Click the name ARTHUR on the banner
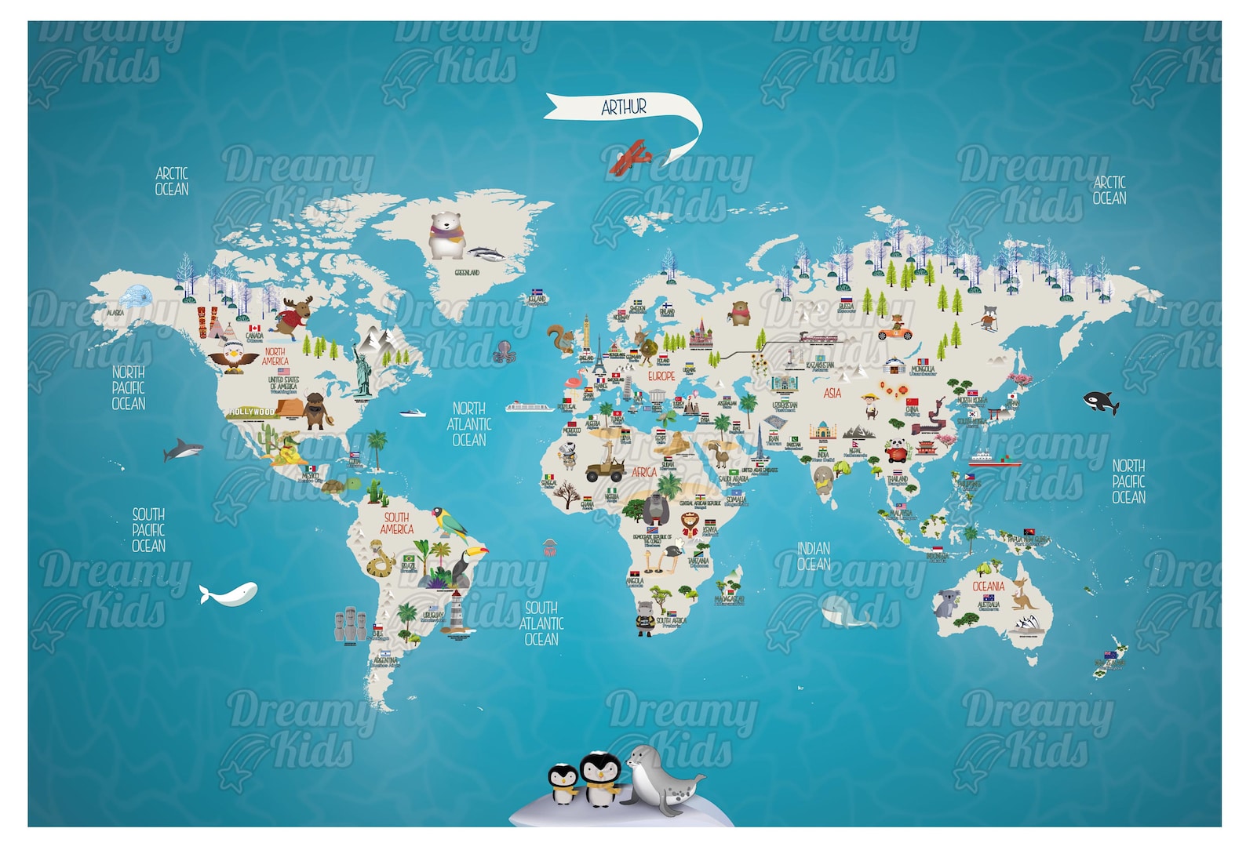tap(624, 107)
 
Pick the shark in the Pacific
tap(182, 450)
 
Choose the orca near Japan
tap(1101, 402)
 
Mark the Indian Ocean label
tap(814, 556)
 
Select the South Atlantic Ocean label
tap(541, 623)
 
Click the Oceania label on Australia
tap(988, 586)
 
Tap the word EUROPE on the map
tap(661, 376)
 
